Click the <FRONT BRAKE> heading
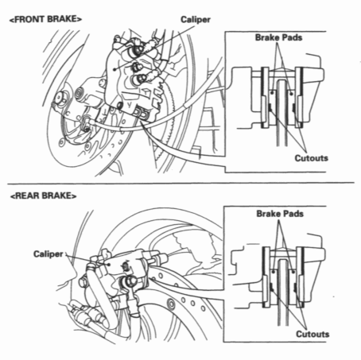[x=42, y=16]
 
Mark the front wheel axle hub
[x=60, y=101]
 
